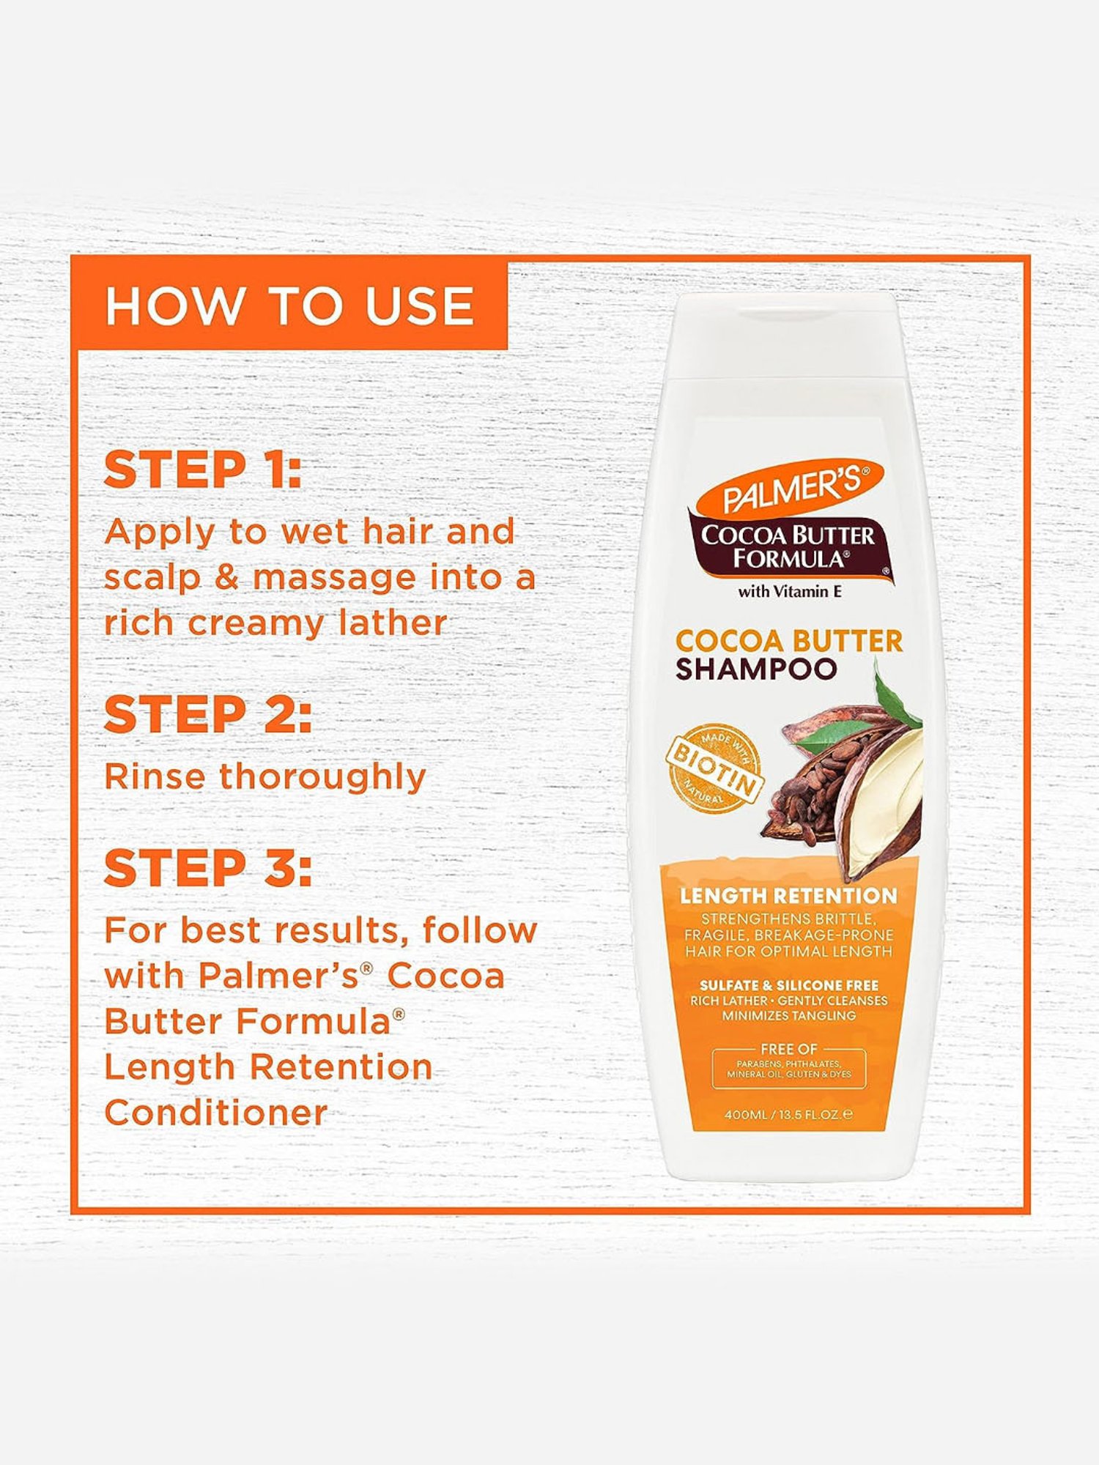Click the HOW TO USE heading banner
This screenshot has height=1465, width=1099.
[289, 305]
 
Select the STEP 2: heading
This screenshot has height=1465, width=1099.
[207, 715]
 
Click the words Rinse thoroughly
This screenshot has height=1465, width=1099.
[264, 776]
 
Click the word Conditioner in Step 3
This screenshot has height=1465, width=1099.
[215, 1113]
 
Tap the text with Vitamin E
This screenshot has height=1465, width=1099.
[789, 591]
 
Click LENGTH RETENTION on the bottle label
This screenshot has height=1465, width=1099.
[788, 896]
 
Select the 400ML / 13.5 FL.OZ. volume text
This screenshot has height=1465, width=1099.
[788, 1115]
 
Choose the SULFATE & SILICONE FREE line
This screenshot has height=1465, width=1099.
[788, 985]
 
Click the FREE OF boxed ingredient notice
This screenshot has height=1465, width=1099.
[788, 1068]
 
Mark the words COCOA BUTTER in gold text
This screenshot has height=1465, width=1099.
[788, 641]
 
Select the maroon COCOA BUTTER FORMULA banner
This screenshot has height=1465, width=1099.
[788, 546]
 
